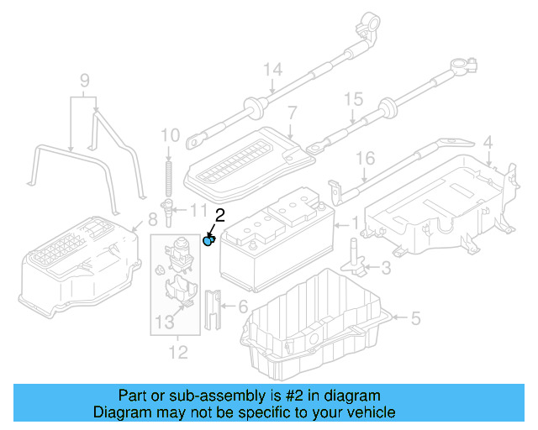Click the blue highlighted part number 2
point(209,241)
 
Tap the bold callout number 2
point(219,215)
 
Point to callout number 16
point(364,158)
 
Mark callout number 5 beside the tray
point(414,318)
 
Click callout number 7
point(292,112)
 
